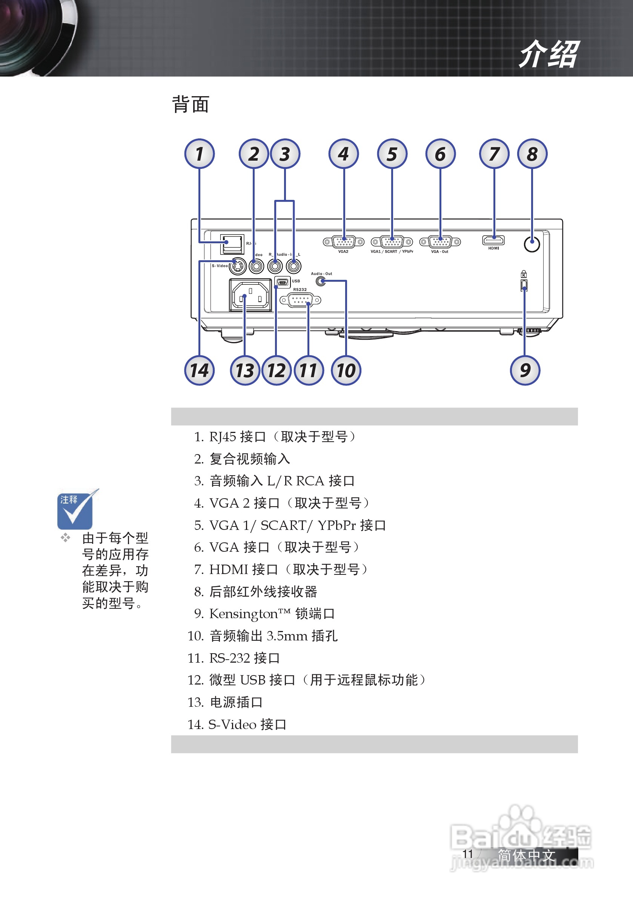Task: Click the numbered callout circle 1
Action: (x=199, y=154)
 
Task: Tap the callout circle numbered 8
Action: (x=532, y=154)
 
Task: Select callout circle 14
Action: (x=199, y=370)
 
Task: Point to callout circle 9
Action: (x=525, y=370)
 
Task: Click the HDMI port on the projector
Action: (x=493, y=240)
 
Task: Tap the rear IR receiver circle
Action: (x=532, y=244)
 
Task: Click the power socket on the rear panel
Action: (x=250, y=295)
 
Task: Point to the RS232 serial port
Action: (x=300, y=300)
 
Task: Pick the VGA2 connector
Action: (x=344, y=242)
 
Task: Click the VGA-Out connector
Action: (x=440, y=242)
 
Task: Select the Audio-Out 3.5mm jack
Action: (x=321, y=281)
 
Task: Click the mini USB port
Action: (x=283, y=282)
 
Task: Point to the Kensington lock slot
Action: (x=524, y=285)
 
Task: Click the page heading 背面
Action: (x=191, y=104)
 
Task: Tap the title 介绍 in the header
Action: (x=548, y=54)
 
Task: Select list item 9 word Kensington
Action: (x=243, y=614)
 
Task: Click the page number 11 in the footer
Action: (x=467, y=854)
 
